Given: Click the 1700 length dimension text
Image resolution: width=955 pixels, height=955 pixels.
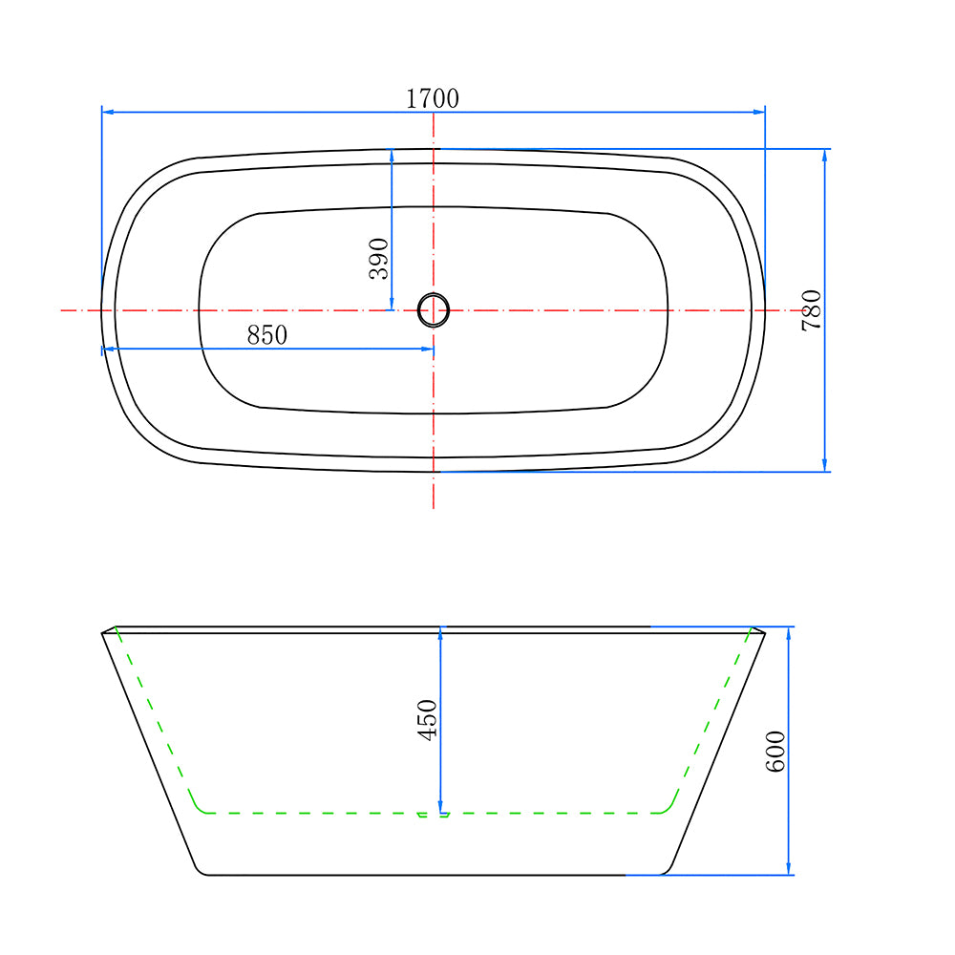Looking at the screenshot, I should click(x=433, y=98).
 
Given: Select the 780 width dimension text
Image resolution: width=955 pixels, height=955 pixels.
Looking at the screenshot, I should click(x=811, y=310).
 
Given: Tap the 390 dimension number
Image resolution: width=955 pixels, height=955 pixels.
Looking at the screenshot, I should click(x=378, y=259).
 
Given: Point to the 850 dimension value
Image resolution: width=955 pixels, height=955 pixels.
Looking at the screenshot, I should click(x=266, y=335).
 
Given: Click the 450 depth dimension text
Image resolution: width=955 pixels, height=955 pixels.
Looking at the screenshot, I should click(x=427, y=719).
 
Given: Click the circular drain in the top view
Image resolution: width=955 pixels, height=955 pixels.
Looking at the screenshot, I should click(x=434, y=310).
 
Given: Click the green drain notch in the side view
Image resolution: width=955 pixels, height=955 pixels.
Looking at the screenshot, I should click(x=433, y=816).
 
